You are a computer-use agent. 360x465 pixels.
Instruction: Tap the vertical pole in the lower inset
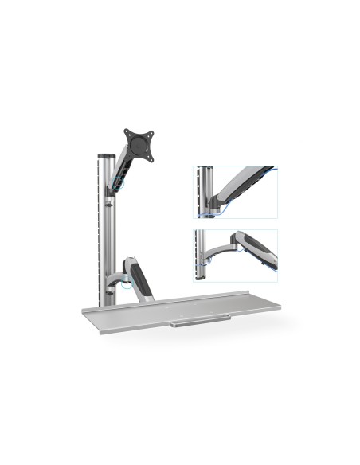(203, 255)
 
